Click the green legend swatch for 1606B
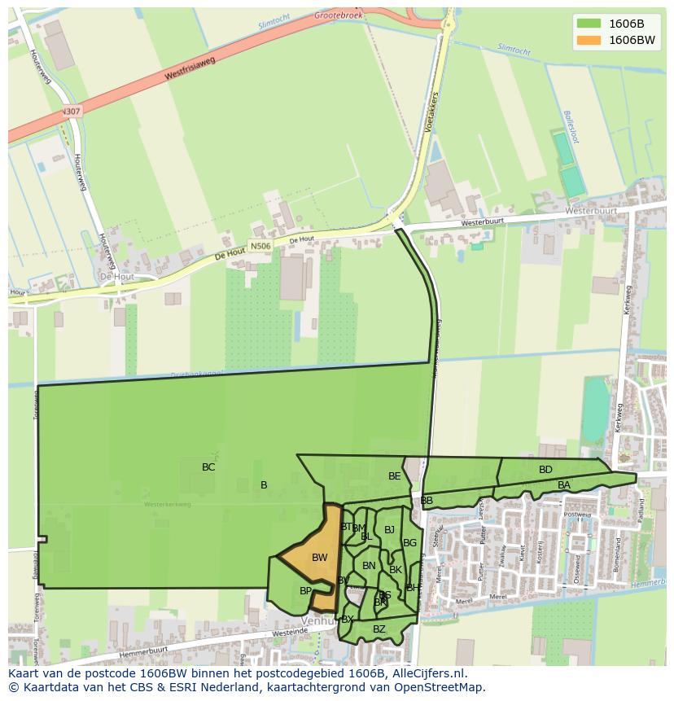tap(588, 23)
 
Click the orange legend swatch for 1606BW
tap(588, 40)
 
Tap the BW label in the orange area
tap(319, 558)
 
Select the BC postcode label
tap(208, 467)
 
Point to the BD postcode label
tap(545, 470)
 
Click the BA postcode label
tap(564, 485)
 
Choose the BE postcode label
tap(395, 476)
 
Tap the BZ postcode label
tap(379, 629)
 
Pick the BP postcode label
tap(305, 591)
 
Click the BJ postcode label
tap(389, 530)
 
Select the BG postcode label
tap(409, 543)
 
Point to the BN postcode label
tap(369, 566)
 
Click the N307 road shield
tap(71, 111)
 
